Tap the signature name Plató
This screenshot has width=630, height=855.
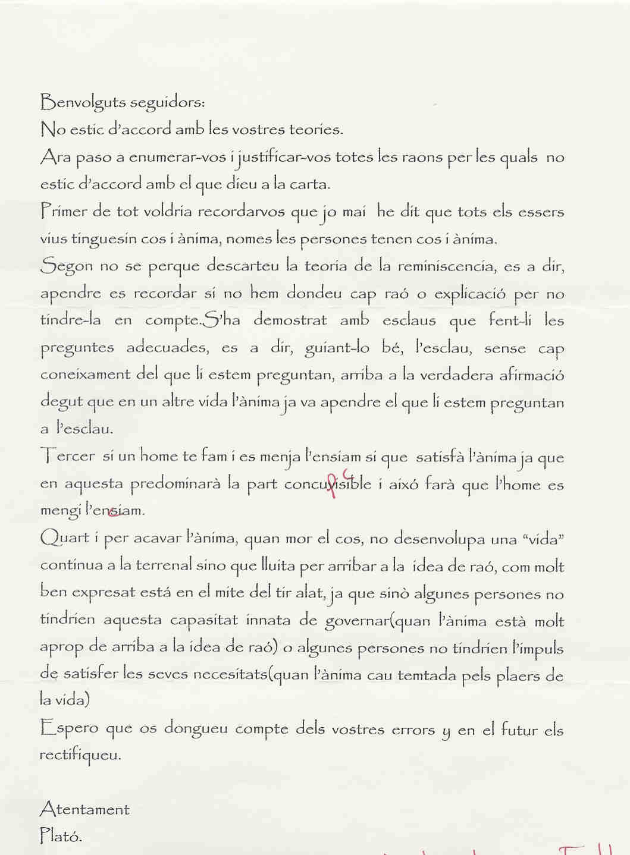61,836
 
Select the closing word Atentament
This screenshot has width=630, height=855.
84,809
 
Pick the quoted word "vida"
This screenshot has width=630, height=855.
543,539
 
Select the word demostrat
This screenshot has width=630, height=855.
290,320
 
